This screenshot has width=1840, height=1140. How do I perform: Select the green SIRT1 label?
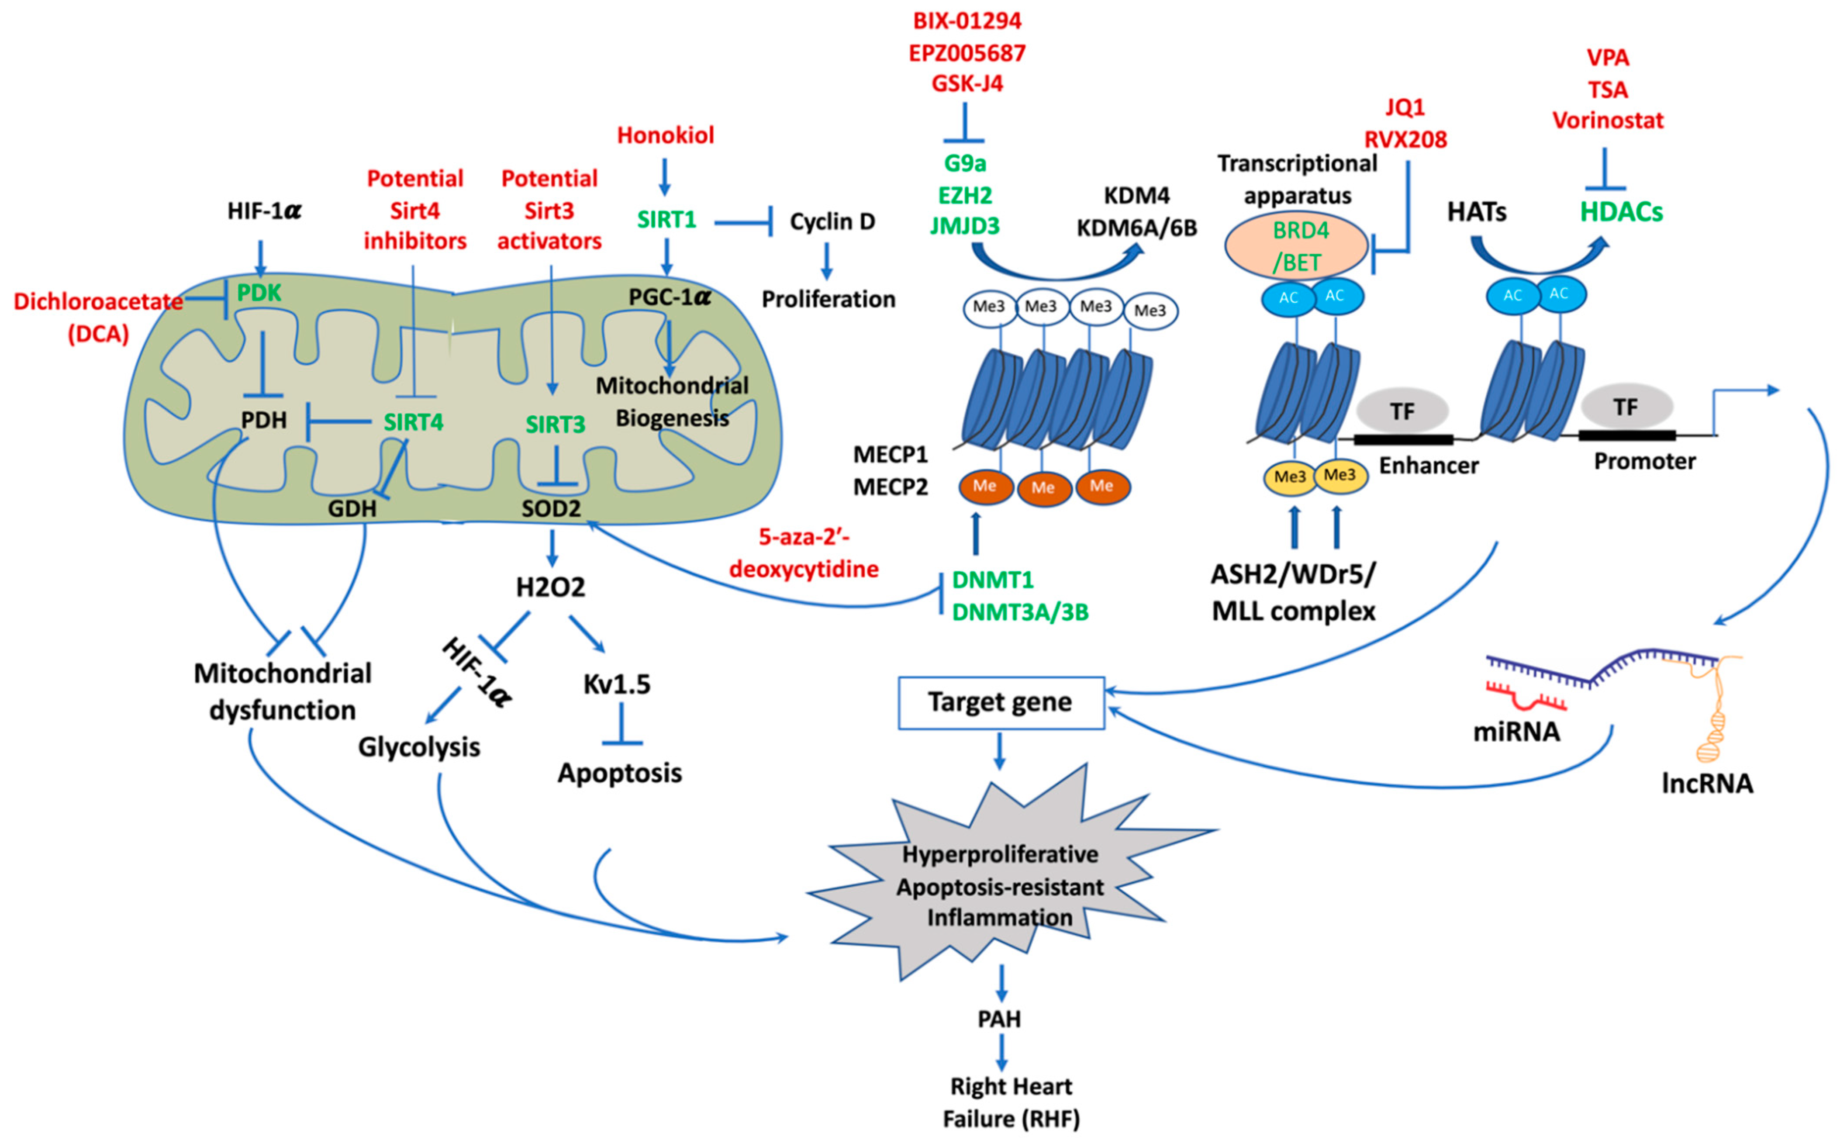pos(666,219)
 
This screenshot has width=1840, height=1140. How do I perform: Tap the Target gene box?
pos(1000,702)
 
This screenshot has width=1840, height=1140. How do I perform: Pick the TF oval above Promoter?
pos(1626,407)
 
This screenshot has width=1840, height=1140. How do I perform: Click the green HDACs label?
pos(1621,212)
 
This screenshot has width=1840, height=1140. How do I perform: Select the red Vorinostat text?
pos(1607,121)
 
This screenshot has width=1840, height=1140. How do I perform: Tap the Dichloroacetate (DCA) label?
pos(98,317)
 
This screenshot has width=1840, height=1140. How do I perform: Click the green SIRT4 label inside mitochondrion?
pos(413,422)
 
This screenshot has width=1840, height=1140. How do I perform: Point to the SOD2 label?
pos(551,509)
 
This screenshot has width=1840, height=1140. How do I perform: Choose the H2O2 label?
pos(550,587)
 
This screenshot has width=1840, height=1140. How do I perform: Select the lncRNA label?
pos(1707,784)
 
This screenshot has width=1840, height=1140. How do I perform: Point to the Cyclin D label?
pos(832,222)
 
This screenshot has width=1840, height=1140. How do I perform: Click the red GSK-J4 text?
pos(967,84)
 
